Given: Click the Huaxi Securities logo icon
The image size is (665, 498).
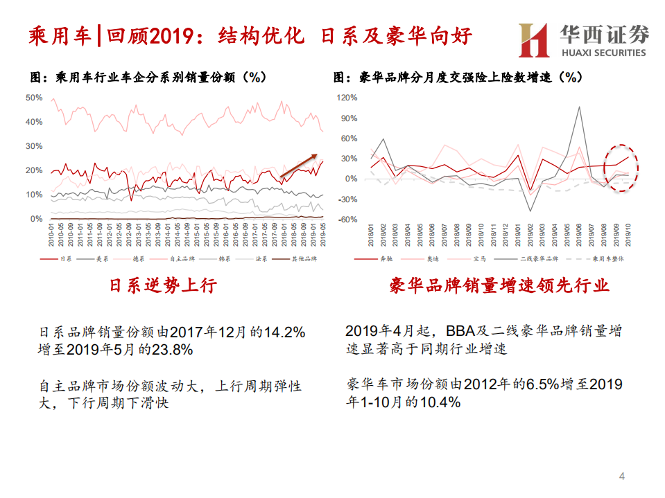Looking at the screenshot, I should [534, 39].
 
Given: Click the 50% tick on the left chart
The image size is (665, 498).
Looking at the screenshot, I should [34, 98].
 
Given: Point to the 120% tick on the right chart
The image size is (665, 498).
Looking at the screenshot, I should [347, 98].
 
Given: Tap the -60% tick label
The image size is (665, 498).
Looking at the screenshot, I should [347, 220].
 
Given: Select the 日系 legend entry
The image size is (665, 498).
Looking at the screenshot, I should [65, 259].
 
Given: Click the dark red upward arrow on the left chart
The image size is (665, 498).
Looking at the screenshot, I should [299, 165].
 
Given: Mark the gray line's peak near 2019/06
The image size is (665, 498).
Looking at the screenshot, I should [580, 107].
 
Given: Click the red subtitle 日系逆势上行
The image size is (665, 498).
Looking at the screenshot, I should [164, 285].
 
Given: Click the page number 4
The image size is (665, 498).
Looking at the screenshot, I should [621, 477].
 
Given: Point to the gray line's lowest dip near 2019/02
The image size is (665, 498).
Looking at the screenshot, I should [531, 211].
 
